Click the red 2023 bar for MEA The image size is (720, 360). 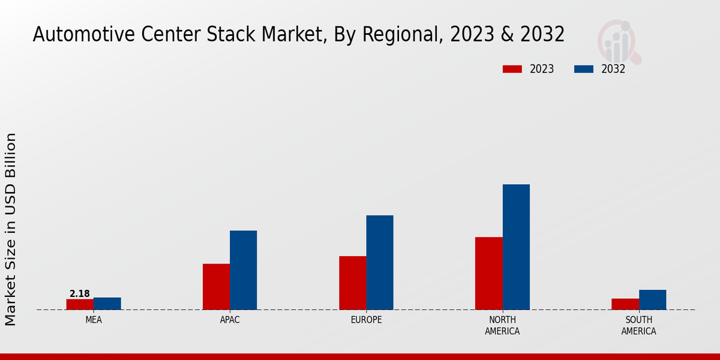point(80,304)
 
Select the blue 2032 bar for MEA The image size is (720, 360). point(107,304)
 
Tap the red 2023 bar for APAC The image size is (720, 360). point(216,287)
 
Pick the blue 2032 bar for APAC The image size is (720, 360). point(243,270)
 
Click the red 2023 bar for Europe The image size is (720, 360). point(352,283)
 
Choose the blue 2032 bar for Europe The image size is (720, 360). point(380,262)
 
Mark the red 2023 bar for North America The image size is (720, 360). point(488,273)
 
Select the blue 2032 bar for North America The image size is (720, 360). point(516,247)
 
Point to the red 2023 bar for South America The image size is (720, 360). point(625,304)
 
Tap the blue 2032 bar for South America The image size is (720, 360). point(652,299)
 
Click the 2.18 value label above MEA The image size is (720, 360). point(80,294)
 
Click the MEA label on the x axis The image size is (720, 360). point(94,320)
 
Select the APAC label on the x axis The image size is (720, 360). point(230,320)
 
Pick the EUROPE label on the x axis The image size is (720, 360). point(366,320)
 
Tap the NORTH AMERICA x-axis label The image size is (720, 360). point(502,325)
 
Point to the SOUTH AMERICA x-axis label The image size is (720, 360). point(638,325)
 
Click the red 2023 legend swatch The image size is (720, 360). point(512,69)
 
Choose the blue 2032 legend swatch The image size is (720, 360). point(583,69)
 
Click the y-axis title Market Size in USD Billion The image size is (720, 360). point(11,229)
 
